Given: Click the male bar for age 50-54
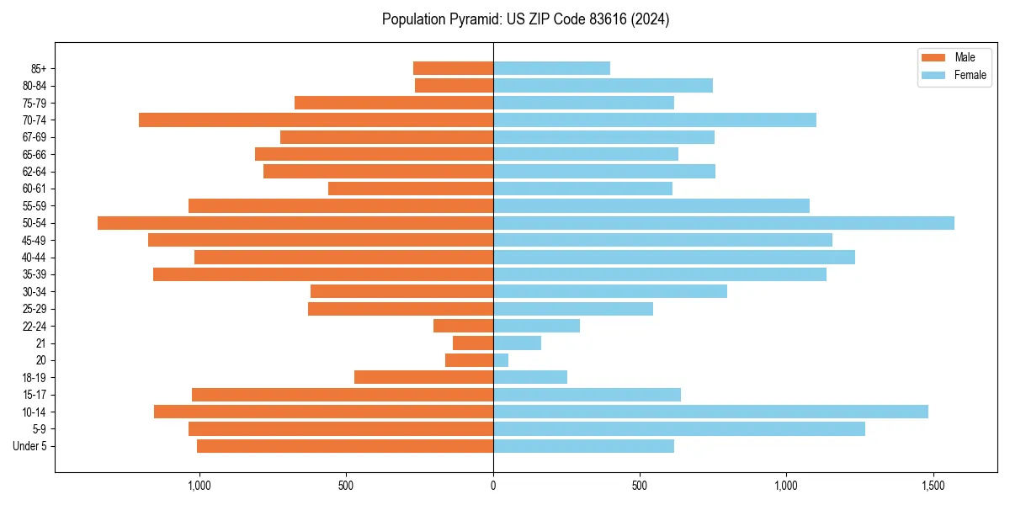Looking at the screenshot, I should (x=295, y=223).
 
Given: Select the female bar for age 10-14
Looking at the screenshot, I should (x=710, y=412).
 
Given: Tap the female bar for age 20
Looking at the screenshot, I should (x=501, y=360).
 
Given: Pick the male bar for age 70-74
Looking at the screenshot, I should (x=316, y=120).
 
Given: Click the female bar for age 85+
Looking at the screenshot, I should (x=551, y=68).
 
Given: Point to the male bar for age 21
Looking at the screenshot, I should (x=473, y=343).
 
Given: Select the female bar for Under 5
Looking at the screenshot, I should (x=583, y=446).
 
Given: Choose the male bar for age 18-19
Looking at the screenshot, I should (x=423, y=377).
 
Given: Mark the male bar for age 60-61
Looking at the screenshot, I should (x=411, y=189).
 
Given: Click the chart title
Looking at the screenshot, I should (x=525, y=19).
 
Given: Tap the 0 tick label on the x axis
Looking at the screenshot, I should (x=493, y=486).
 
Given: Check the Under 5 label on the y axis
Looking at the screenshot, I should (x=30, y=446).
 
